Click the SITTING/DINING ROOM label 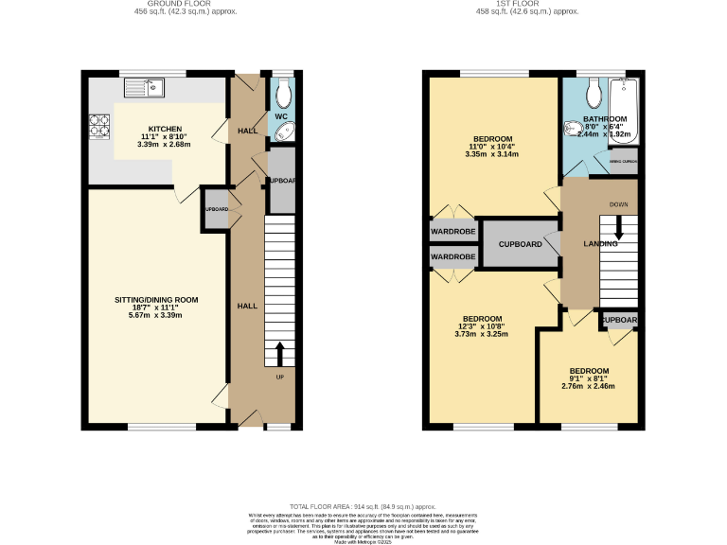coord(156,299)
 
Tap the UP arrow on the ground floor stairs coord(280,355)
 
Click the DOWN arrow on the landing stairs coord(619,227)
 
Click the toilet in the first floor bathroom coord(594,92)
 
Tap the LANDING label coord(599,244)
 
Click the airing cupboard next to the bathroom coord(623,162)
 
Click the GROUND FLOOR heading coord(171,3)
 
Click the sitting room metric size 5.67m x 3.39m coord(156,316)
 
